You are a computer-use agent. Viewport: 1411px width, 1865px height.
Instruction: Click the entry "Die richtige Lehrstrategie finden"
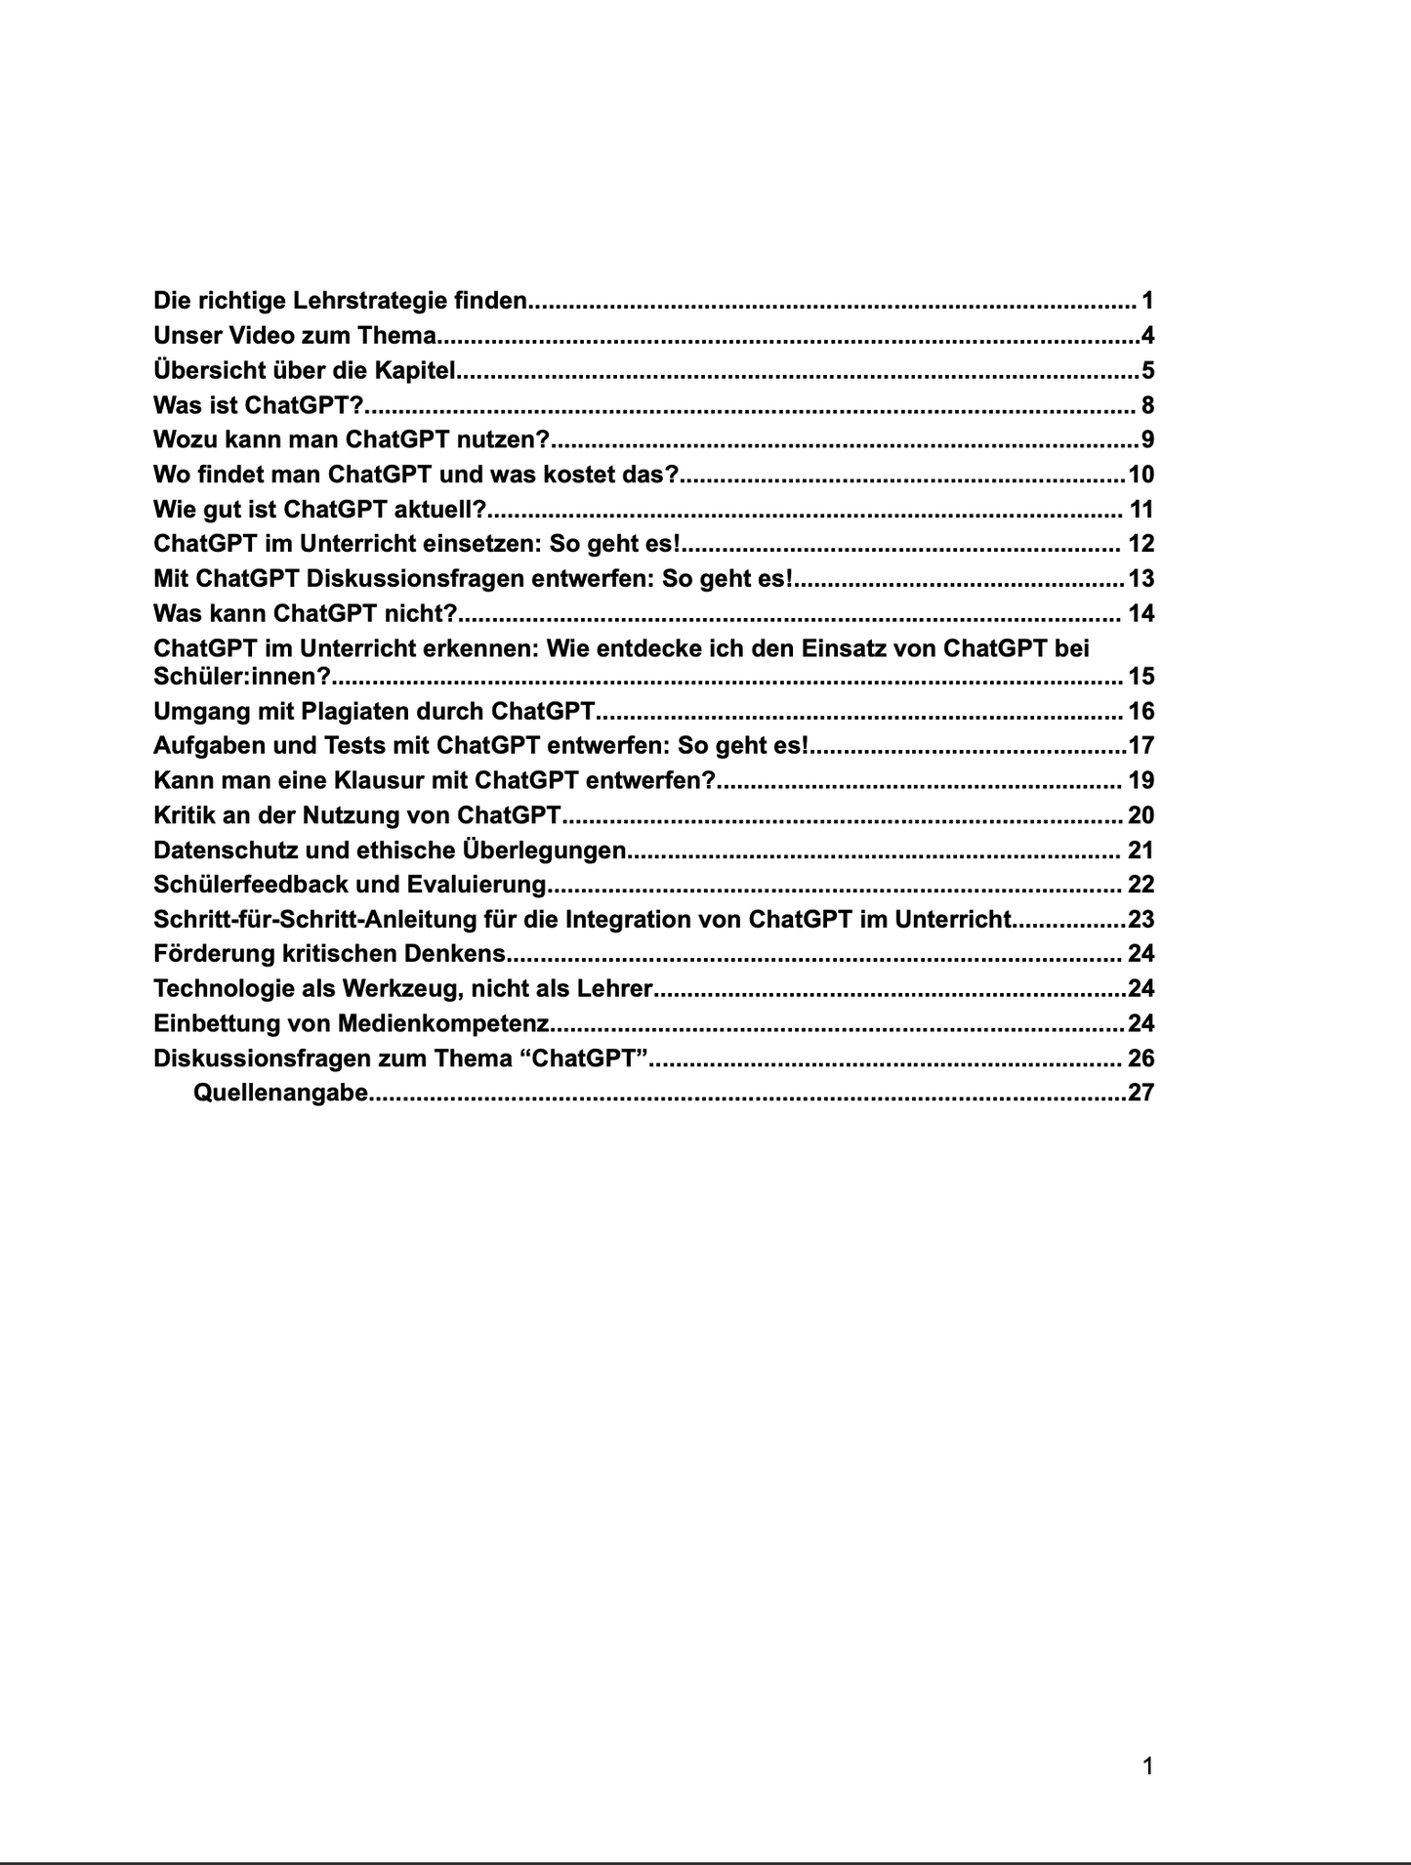[340, 301]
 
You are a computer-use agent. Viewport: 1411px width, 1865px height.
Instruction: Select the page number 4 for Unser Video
[1147, 336]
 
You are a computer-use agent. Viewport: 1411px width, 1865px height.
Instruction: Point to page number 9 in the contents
[1147, 439]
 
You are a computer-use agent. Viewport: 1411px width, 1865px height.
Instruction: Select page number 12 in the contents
[1141, 544]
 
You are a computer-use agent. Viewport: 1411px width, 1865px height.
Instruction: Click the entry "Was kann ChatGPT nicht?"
[306, 613]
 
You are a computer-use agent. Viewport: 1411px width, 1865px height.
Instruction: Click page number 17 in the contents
[1141, 746]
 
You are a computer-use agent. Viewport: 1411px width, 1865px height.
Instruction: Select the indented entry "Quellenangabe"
[280, 1093]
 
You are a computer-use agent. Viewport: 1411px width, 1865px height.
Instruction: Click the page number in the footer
[1147, 1765]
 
